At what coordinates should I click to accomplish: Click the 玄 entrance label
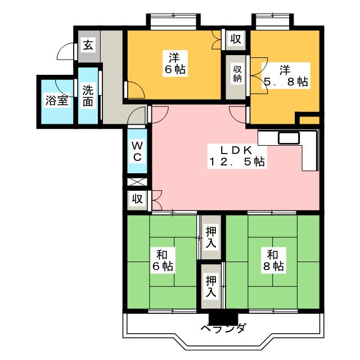(x=89, y=45)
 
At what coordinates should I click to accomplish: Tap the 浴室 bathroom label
(x=57, y=101)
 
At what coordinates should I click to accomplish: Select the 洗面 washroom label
(x=88, y=96)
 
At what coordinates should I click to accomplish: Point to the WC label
(x=137, y=151)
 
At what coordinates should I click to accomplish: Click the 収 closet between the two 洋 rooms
(x=236, y=39)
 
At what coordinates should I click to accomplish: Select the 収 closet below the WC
(x=137, y=199)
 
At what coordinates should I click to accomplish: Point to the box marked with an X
(x=137, y=183)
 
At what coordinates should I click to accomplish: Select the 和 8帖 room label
(x=272, y=260)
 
